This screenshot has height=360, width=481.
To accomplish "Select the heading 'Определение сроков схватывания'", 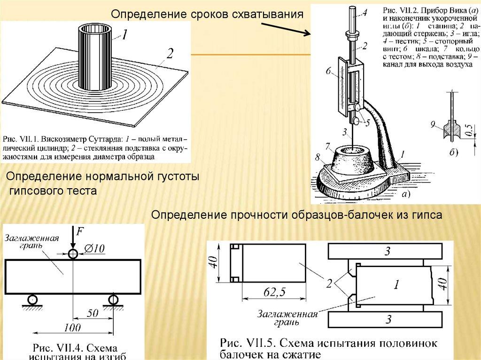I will pyautogui.click(x=206, y=14).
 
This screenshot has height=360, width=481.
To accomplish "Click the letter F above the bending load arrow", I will pyautogui.click(x=80, y=231).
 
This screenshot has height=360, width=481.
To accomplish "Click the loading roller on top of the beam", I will pyautogui.click(x=73, y=254).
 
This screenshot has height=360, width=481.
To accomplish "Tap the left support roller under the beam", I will pyautogui.click(x=32, y=299).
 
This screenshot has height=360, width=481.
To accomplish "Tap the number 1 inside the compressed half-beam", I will pyautogui.click(x=396, y=284).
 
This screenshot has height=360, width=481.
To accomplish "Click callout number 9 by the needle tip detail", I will pyautogui.click(x=433, y=124).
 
